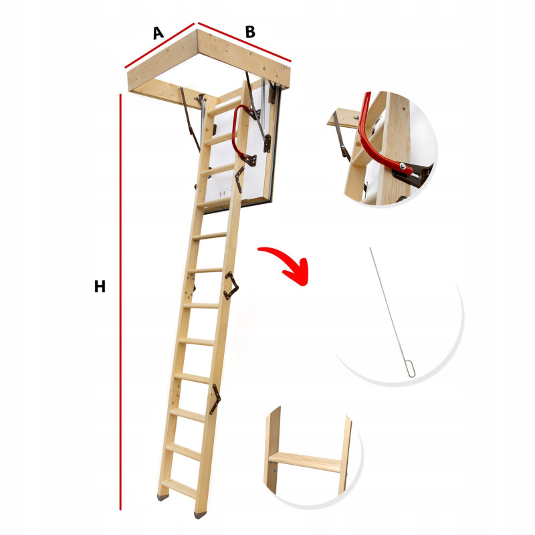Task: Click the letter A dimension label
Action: click(x=158, y=33)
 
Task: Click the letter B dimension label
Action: click(x=250, y=31)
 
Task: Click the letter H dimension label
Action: click(x=100, y=287)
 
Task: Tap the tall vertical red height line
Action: click(x=120, y=302)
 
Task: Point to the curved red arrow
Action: click(x=286, y=263)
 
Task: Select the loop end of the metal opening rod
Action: click(x=411, y=368)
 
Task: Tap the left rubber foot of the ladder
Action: click(x=163, y=497)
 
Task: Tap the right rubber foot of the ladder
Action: click(x=200, y=515)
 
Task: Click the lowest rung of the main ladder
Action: click(x=179, y=488)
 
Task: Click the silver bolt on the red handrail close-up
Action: click(x=403, y=166)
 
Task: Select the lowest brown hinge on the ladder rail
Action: click(x=215, y=399)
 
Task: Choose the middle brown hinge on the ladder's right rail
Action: click(x=231, y=286)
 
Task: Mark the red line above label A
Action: click(x=159, y=45)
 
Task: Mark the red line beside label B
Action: click(x=244, y=42)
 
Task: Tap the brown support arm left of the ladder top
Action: click(x=190, y=119)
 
